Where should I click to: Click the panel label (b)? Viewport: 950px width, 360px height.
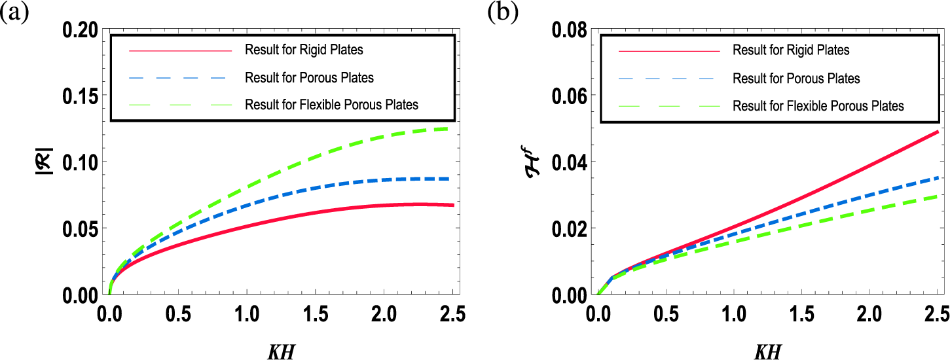click(x=501, y=14)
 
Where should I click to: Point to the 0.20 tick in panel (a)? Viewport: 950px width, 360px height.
click(x=81, y=29)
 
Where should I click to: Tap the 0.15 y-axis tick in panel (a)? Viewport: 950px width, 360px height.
click(x=81, y=96)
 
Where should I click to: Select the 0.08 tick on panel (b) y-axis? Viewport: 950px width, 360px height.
click(x=568, y=29)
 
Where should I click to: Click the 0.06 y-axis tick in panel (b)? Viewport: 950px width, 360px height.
click(x=568, y=96)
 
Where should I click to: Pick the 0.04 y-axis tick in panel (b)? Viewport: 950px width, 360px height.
click(x=568, y=162)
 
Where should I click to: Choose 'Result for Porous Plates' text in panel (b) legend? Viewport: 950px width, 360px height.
click(x=797, y=79)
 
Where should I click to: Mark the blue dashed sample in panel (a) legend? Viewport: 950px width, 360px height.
click(x=181, y=78)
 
